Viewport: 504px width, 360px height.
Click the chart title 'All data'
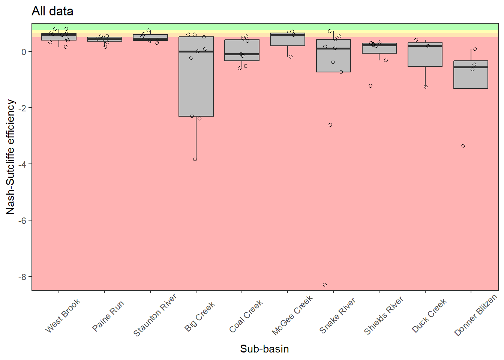click(52, 11)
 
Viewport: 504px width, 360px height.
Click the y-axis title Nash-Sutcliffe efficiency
click(10, 157)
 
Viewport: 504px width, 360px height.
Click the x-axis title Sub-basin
click(264, 349)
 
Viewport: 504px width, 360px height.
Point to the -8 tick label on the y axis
click(23, 277)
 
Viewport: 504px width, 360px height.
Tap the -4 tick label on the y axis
click(23, 164)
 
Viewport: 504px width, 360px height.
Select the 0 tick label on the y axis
click(25, 52)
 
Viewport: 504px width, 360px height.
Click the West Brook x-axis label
click(63, 316)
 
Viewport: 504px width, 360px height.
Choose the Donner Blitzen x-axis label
click(475, 316)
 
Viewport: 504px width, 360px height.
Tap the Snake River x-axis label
click(337, 316)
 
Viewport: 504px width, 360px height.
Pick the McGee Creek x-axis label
click(292, 316)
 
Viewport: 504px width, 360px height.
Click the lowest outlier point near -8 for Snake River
click(325, 285)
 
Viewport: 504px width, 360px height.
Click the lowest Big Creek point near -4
click(195, 159)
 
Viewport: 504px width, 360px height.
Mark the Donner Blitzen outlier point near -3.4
click(463, 146)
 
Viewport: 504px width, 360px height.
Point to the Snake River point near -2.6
click(330, 125)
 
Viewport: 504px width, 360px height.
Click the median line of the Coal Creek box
click(242, 54)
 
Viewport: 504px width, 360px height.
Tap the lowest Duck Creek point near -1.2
click(426, 87)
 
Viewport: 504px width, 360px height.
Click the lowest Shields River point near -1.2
click(370, 86)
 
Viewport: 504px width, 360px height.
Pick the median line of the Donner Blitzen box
click(471, 67)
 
